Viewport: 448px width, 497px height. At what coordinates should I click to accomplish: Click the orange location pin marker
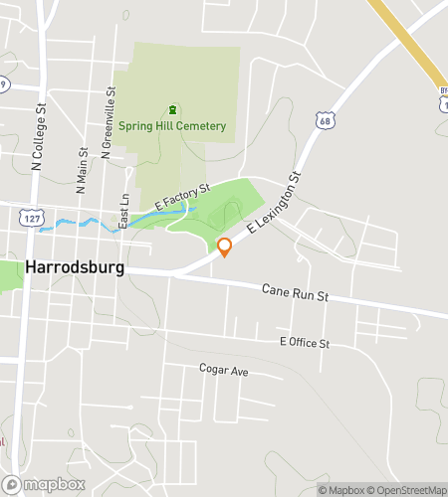click(x=224, y=247)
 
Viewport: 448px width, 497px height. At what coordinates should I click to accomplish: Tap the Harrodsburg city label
click(x=72, y=269)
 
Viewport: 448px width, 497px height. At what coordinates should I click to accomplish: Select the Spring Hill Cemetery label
click(x=172, y=126)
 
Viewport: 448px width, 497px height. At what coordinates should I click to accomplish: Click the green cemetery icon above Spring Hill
click(x=172, y=109)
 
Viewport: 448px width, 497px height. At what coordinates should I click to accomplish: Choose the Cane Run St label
click(x=295, y=293)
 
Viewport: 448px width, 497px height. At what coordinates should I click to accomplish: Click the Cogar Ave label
click(x=223, y=370)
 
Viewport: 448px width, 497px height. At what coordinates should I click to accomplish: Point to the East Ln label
click(x=123, y=212)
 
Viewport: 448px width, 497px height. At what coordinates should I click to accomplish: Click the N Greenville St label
click(x=110, y=119)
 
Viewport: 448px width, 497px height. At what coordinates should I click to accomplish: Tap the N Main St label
click(x=81, y=165)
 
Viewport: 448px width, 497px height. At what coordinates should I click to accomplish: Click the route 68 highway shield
click(x=324, y=120)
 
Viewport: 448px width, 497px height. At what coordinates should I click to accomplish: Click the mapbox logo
click(x=45, y=484)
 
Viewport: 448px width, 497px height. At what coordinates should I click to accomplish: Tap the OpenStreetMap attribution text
click(x=409, y=489)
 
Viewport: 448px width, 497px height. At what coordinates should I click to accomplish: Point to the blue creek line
click(x=80, y=223)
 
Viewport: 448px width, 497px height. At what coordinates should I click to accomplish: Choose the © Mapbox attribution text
click(x=341, y=489)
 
